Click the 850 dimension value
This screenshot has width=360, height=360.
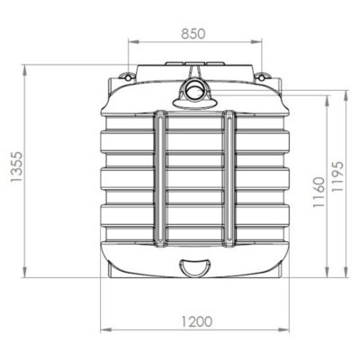pos(193,33)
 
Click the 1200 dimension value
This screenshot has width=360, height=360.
pos(196,321)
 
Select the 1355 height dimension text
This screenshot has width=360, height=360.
pos(15,167)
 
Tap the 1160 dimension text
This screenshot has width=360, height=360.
pos(319,193)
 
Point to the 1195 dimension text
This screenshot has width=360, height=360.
pos(337,176)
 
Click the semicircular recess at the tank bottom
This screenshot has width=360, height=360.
pos(194,267)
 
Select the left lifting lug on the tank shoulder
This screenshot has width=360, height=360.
pos(128,76)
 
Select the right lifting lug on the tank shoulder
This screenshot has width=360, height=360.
pos(262,76)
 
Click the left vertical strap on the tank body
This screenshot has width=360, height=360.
pos(160,179)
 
